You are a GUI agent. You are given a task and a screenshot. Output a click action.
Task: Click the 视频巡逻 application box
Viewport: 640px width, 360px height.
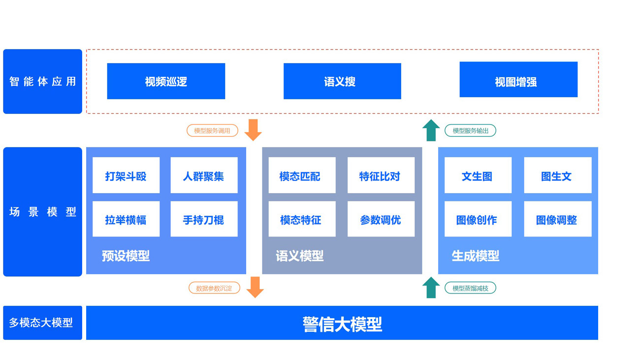pyautogui.click(x=166, y=81)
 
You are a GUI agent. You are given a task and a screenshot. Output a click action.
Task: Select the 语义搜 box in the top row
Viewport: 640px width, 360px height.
pyautogui.click(x=342, y=81)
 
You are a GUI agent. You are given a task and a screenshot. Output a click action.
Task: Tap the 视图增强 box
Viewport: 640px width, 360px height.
pyautogui.click(x=518, y=79)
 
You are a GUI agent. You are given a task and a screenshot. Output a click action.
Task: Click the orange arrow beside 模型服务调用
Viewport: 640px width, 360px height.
pyautogui.click(x=253, y=130)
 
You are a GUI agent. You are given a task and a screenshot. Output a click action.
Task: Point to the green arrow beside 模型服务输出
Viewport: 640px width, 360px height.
pyautogui.click(x=431, y=131)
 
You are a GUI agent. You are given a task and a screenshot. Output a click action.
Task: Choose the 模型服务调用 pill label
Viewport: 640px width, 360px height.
pyautogui.click(x=212, y=131)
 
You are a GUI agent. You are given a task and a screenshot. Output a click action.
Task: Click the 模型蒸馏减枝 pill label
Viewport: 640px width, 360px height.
pyautogui.click(x=470, y=288)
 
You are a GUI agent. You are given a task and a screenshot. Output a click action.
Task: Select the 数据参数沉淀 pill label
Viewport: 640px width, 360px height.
pyautogui.click(x=214, y=288)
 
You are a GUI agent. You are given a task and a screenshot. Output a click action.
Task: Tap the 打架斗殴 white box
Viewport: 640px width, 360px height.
pyautogui.click(x=126, y=175)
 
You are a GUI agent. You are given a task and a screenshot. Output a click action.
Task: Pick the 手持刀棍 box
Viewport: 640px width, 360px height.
pyautogui.click(x=204, y=219)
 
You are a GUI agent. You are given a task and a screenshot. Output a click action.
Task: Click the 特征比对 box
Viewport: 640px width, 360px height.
pyautogui.click(x=381, y=175)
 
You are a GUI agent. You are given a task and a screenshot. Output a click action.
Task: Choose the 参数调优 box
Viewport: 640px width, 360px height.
pyautogui.click(x=381, y=219)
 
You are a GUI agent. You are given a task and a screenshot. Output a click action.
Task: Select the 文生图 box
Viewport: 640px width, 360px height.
pyautogui.click(x=478, y=175)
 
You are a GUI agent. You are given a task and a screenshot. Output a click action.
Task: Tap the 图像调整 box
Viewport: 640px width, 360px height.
pyautogui.click(x=558, y=219)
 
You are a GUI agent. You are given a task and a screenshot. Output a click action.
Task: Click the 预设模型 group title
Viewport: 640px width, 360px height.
pyautogui.click(x=126, y=256)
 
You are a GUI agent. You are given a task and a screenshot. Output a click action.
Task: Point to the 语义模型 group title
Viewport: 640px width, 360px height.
pyautogui.click(x=300, y=256)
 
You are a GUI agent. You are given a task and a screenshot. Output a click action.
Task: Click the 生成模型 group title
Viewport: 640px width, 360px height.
pyautogui.click(x=476, y=256)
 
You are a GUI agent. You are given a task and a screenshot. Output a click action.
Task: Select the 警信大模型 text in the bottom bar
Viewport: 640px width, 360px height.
pyautogui.click(x=342, y=324)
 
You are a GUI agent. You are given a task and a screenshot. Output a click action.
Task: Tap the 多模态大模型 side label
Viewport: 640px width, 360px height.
pyautogui.click(x=41, y=323)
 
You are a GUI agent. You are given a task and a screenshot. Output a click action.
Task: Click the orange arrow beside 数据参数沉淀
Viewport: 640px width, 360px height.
pyautogui.click(x=255, y=288)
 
